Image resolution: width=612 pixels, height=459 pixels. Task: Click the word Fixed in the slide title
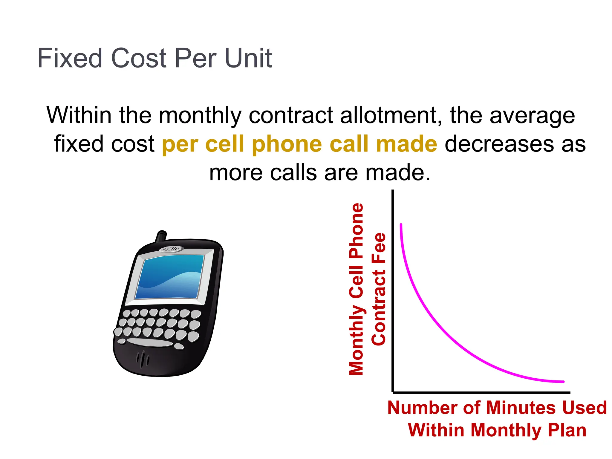pyautogui.click(x=70, y=58)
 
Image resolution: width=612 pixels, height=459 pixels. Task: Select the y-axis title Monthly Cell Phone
pyautogui.click(x=356, y=289)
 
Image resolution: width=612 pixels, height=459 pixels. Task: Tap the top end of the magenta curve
pyautogui.click(x=401, y=224)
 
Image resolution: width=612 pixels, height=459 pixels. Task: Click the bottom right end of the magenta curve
pyautogui.click(x=563, y=382)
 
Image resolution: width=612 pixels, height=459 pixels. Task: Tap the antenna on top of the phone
pyautogui.click(x=161, y=236)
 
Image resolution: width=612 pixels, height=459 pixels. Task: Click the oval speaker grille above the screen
pyautogui.click(x=171, y=249)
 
